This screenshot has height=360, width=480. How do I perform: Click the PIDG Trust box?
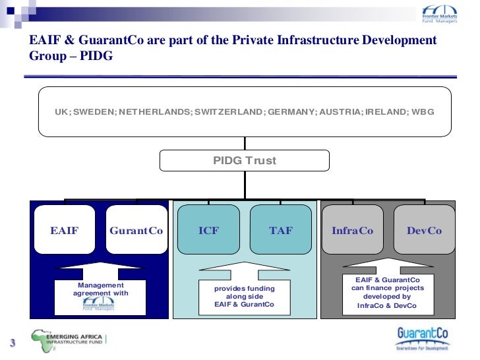click(245, 161)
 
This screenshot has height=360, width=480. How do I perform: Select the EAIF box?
click(65, 231)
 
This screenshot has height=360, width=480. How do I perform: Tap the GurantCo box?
click(136, 231)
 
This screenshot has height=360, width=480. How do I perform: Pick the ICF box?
click(209, 231)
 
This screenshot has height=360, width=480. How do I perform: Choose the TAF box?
click(280, 231)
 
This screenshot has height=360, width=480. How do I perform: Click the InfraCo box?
click(353, 231)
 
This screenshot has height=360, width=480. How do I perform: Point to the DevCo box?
click(424, 231)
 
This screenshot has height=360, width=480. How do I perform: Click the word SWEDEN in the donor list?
click(94, 112)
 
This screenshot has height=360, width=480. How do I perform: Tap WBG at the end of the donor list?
click(422, 112)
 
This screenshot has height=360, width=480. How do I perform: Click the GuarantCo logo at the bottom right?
click(422, 338)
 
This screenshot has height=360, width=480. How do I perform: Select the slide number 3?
click(12, 344)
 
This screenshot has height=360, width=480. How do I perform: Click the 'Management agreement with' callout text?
click(100, 289)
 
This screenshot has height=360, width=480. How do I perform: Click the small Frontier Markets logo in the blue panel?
click(99, 305)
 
